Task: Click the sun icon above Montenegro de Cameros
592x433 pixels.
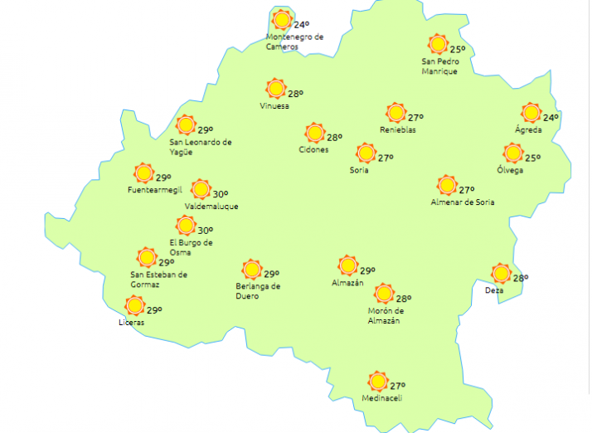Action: (283, 19)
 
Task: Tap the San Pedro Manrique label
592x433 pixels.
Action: (439, 66)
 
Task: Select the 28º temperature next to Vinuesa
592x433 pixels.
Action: (296, 94)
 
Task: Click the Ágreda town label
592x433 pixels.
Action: (528, 130)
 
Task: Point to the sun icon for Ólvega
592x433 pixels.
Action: (513, 153)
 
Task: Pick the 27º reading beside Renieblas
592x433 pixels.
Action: (415, 117)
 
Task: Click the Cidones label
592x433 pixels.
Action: (313, 150)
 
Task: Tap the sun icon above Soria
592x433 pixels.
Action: (365, 153)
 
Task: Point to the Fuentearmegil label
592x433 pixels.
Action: (154, 190)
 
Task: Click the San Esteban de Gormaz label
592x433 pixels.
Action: (159, 280)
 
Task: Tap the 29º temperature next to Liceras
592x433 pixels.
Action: (154, 310)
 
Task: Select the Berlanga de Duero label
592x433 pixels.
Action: (258, 290)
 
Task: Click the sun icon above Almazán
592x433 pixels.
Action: (348, 265)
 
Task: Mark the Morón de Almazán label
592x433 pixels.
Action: (384, 316)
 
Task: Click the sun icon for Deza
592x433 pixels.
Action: (500, 273)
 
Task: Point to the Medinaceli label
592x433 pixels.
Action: (381, 399)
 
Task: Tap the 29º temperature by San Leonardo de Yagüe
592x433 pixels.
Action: (206, 129)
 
